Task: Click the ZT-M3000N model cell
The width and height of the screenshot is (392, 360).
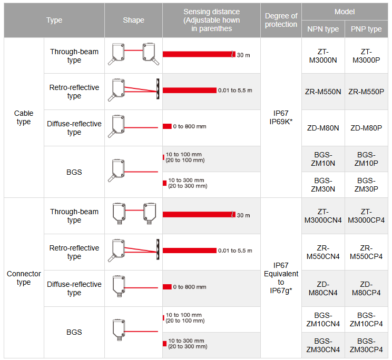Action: click(x=323, y=56)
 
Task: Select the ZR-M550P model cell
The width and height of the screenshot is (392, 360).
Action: click(x=366, y=92)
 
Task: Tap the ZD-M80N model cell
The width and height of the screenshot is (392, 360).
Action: click(x=323, y=128)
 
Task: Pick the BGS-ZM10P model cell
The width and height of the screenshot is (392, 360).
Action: click(x=366, y=159)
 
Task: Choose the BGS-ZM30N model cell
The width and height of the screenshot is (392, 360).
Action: click(x=323, y=185)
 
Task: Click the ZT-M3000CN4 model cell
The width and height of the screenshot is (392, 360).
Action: click(x=323, y=216)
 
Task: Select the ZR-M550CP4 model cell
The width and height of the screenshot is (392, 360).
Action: click(x=366, y=252)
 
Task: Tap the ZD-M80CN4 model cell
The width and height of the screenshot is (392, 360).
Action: click(x=323, y=288)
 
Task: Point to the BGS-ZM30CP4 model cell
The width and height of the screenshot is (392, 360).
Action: click(x=366, y=345)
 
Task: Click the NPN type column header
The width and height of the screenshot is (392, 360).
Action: click(x=323, y=29)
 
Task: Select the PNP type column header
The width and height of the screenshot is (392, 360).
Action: click(x=366, y=29)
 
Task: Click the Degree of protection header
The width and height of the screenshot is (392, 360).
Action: click(x=281, y=20)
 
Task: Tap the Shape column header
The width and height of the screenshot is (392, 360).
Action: click(x=133, y=20)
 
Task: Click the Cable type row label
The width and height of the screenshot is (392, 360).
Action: click(x=24, y=117)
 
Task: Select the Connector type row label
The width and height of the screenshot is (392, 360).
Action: click(x=24, y=278)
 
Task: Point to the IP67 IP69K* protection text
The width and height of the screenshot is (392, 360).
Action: click(x=281, y=117)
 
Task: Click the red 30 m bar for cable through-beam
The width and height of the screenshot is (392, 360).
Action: click(x=198, y=54)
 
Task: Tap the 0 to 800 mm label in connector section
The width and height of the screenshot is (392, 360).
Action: click(x=190, y=287)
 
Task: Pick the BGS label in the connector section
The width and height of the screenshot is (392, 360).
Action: click(x=74, y=332)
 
